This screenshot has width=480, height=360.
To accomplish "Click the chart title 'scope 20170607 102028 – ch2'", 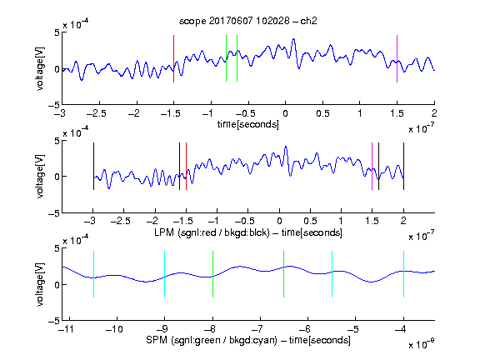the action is point(248,21).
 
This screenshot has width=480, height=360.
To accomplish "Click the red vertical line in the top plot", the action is point(173,59).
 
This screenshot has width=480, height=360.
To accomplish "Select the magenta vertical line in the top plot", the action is point(397,59).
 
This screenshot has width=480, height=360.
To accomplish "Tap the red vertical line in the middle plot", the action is point(186,166).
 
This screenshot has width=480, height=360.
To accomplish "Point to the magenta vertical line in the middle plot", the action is point(372,166).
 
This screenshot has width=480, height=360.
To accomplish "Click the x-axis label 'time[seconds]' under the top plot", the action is point(248,124).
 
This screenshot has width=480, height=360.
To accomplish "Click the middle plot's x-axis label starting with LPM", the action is point(248,232).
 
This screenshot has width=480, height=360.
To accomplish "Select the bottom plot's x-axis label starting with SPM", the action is point(248,340).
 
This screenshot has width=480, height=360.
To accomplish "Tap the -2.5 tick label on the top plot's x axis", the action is point(97,113).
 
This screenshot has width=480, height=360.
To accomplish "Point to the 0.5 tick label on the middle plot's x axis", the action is point(310,221).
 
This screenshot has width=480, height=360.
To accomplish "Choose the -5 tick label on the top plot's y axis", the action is point(54,105).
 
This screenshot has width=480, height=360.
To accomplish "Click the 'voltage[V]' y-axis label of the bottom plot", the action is point(40,284).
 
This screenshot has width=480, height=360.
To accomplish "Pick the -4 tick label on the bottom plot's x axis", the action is point(401,329).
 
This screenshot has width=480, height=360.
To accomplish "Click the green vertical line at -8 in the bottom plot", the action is point(212,274).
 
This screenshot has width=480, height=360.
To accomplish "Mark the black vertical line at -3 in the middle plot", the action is point(93,166).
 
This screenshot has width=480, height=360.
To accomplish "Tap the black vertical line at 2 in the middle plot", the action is point(403,166).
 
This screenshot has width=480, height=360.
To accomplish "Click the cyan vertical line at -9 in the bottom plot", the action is point(164,274).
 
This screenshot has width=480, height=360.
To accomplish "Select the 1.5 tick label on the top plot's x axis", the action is point(397,113).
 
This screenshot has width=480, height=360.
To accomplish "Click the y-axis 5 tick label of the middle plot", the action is point(57,141).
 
